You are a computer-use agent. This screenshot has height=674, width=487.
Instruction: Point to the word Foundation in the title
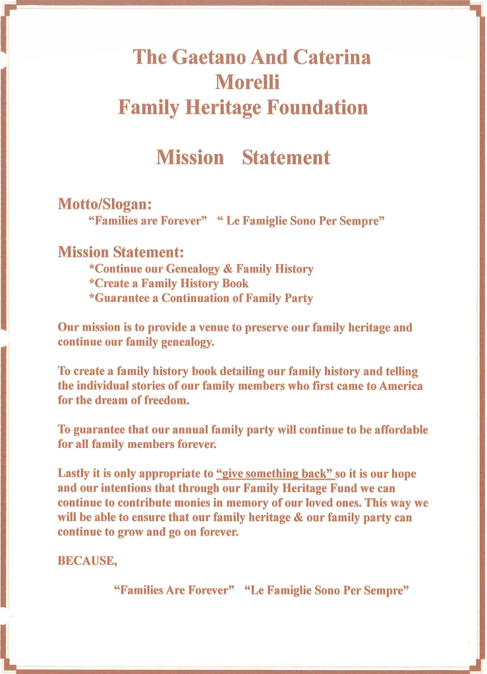click(316, 107)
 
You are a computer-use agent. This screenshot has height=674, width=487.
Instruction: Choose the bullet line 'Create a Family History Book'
click(169, 283)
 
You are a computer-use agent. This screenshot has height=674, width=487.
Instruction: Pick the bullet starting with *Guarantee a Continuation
click(200, 298)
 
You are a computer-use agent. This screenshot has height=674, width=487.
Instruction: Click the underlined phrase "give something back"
click(274, 474)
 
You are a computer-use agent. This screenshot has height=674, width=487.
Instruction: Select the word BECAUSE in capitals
click(87, 561)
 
